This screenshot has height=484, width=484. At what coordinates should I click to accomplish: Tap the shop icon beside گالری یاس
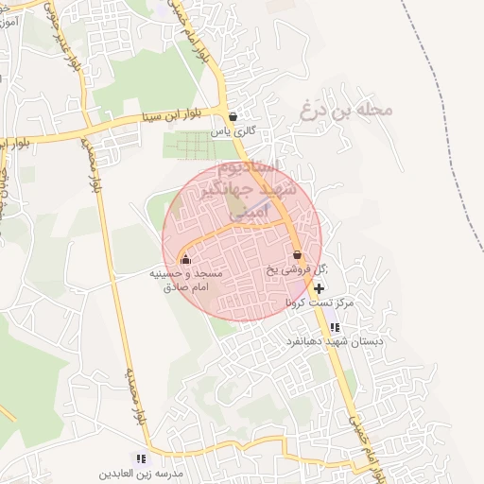click(x=233, y=117)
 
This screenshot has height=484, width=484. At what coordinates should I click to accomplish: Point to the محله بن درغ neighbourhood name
click(x=346, y=110)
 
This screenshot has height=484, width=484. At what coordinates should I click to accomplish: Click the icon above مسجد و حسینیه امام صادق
click(x=185, y=260)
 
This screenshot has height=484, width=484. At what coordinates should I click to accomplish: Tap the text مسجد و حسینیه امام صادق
click(x=186, y=279)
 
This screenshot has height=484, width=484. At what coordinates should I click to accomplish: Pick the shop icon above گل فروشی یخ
click(x=297, y=255)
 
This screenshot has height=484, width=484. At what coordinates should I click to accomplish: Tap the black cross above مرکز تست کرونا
click(x=320, y=288)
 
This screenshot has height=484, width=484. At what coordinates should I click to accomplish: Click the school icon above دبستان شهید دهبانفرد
click(x=334, y=327)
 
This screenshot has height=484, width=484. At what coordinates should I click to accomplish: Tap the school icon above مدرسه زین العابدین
click(x=142, y=458)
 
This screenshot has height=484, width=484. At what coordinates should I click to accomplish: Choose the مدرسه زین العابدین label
click(x=142, y=471)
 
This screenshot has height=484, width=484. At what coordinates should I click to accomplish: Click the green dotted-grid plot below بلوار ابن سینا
click(x=195, y=147)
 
